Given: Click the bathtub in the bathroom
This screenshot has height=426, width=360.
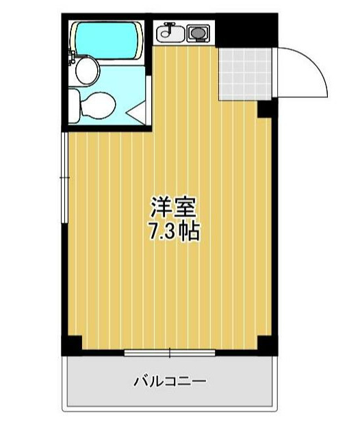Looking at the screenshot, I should pyautogui.click(x=108, y=40).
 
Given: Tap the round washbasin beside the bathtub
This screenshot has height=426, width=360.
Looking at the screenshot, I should pyautogui.click(x=86, y=68).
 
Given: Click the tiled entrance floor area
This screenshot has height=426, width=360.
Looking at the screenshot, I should pyautogui.click(x=246, y=73).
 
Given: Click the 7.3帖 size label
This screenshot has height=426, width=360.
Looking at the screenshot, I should pyautogui.click(x=174, y=231).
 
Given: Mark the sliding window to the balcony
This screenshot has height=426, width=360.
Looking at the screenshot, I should pyautogui.click(x=170, y=353).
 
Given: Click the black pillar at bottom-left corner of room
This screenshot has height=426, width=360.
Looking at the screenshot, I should pyautogui.click(x=71, y=346).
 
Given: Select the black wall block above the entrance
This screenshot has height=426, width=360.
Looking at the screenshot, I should pyautogui.click(x=246, y=31).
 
